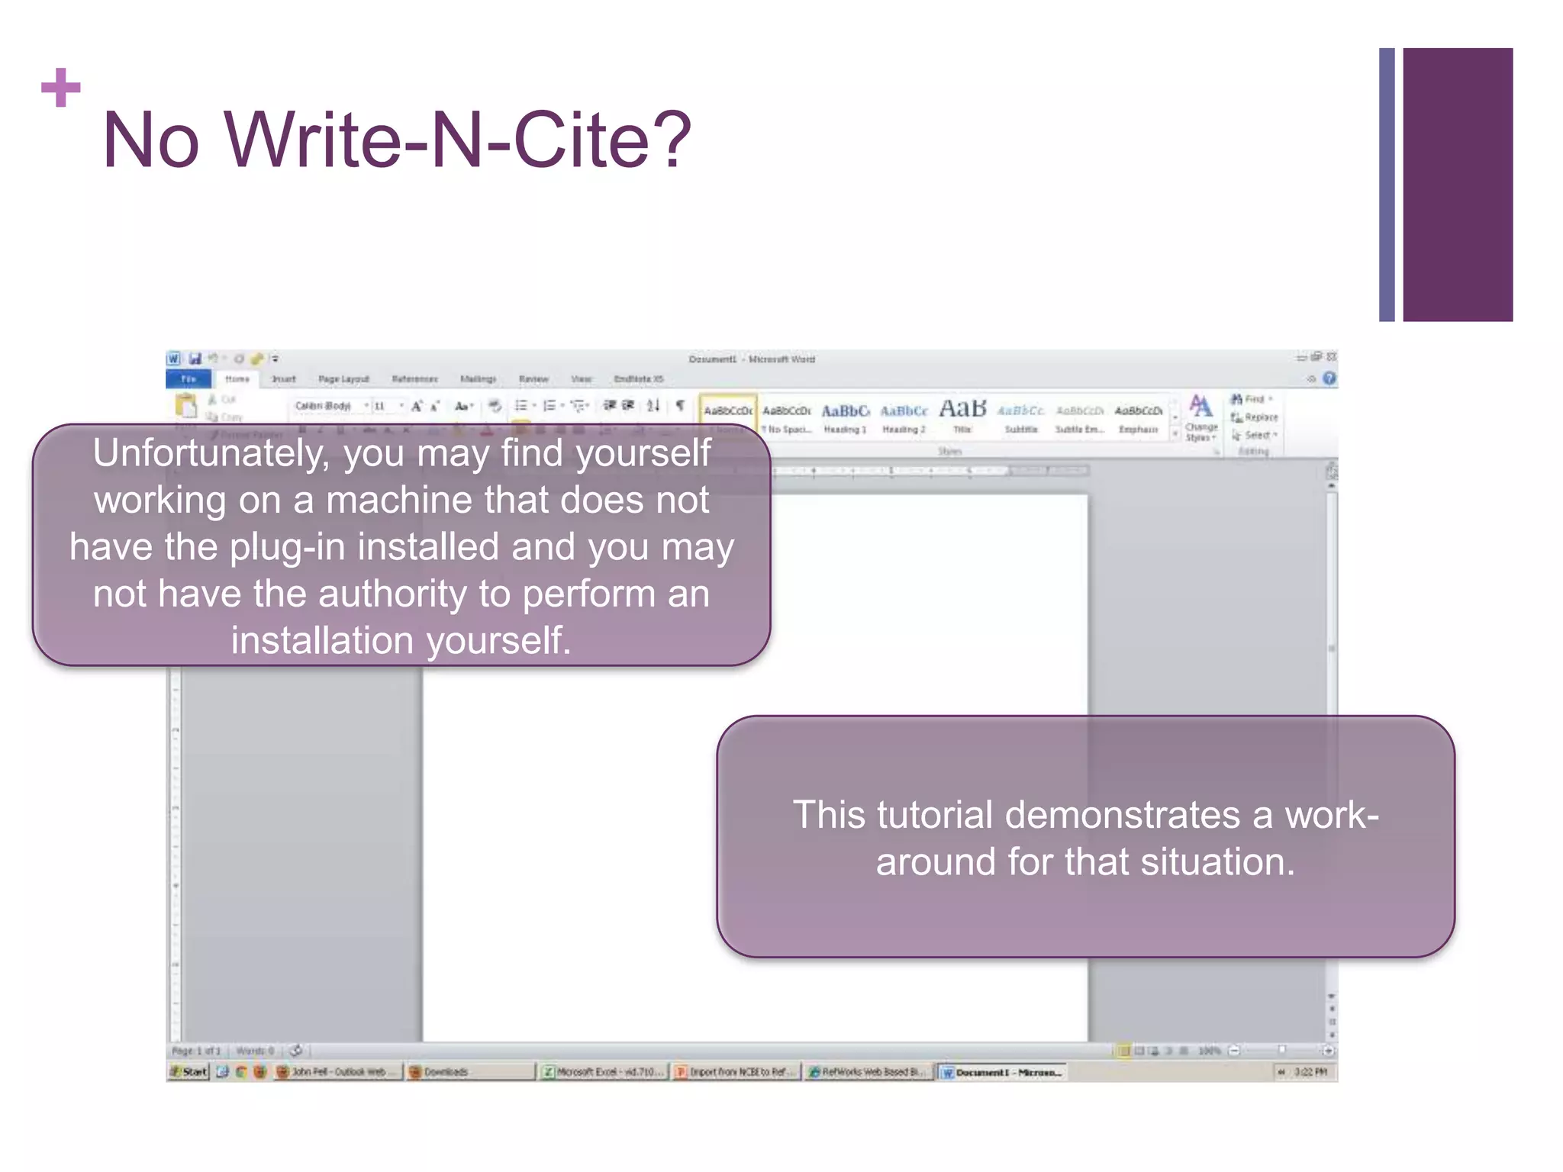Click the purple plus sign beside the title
coord(61,88)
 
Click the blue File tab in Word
coord(189,379)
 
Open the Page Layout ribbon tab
coord(343,379)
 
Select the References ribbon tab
coord(414,379)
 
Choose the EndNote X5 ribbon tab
coord(639,379)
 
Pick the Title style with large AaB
coord(962,416)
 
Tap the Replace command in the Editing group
coord(1255,417)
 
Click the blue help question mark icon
coord(1329,378)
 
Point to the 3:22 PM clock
coord(1310,1072)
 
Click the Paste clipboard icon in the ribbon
coord(186,407)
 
